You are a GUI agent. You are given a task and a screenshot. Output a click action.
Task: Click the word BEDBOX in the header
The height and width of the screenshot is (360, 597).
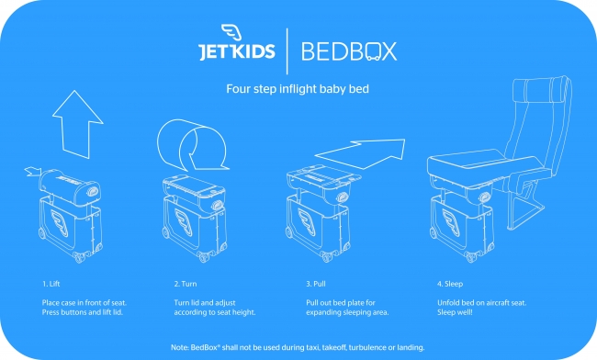(349, 51)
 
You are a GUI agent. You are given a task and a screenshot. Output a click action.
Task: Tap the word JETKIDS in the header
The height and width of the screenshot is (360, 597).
(237, 51)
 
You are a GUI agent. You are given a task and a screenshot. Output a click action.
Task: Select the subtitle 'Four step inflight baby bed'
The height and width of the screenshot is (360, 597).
(298, 89)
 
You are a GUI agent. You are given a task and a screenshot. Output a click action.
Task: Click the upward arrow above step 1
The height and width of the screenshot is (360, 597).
(78, 124)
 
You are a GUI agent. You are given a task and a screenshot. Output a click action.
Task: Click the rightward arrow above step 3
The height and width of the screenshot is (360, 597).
(360, 153)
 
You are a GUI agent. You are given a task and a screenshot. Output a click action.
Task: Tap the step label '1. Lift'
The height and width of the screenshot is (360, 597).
(51, 284)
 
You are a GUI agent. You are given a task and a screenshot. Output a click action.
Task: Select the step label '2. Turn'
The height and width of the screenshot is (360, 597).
(186, 284)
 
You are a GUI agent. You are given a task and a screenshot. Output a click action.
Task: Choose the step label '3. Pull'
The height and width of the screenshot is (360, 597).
(316, 284)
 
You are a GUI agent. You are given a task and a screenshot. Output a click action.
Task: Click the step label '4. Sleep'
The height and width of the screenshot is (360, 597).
(450, 284)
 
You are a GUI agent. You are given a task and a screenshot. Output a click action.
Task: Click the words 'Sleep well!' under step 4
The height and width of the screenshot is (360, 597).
(455, 312)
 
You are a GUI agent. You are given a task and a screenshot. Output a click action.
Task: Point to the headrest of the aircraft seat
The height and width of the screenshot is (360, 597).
(540, 87)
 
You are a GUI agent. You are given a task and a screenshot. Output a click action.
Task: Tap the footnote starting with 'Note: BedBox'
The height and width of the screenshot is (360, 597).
(298, 347)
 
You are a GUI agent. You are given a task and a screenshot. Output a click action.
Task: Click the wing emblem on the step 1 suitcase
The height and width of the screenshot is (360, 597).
(60, 223)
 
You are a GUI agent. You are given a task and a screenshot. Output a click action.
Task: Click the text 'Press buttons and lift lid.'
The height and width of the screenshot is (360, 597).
(83, 312)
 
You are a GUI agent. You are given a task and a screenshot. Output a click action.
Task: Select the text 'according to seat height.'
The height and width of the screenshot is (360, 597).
(215, 312)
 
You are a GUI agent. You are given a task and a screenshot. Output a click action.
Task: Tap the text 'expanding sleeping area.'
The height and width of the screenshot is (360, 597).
(347, 312)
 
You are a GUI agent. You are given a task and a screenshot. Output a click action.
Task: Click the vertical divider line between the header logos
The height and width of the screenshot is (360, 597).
(287, 51)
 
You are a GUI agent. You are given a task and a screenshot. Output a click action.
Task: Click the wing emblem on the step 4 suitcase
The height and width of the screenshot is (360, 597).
(452, 224)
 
